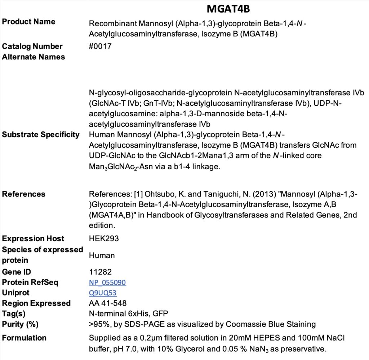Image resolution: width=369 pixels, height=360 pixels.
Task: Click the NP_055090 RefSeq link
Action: point(107,283)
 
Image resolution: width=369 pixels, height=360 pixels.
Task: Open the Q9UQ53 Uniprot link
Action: point(103,293)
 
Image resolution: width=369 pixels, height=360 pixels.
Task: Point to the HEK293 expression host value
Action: point(102,239)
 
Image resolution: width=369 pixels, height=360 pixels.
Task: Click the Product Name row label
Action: point(29,22)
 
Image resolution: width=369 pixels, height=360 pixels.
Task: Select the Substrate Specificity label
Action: point(41,135)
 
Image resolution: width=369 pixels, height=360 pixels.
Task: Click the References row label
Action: point(24,194)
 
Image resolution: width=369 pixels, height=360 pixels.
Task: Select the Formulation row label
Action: point(25,338)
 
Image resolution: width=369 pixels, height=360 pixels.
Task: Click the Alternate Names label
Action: point(34,57)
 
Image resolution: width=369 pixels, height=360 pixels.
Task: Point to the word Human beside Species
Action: point(102,256)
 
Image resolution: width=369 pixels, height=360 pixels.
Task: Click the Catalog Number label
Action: point(32,46)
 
